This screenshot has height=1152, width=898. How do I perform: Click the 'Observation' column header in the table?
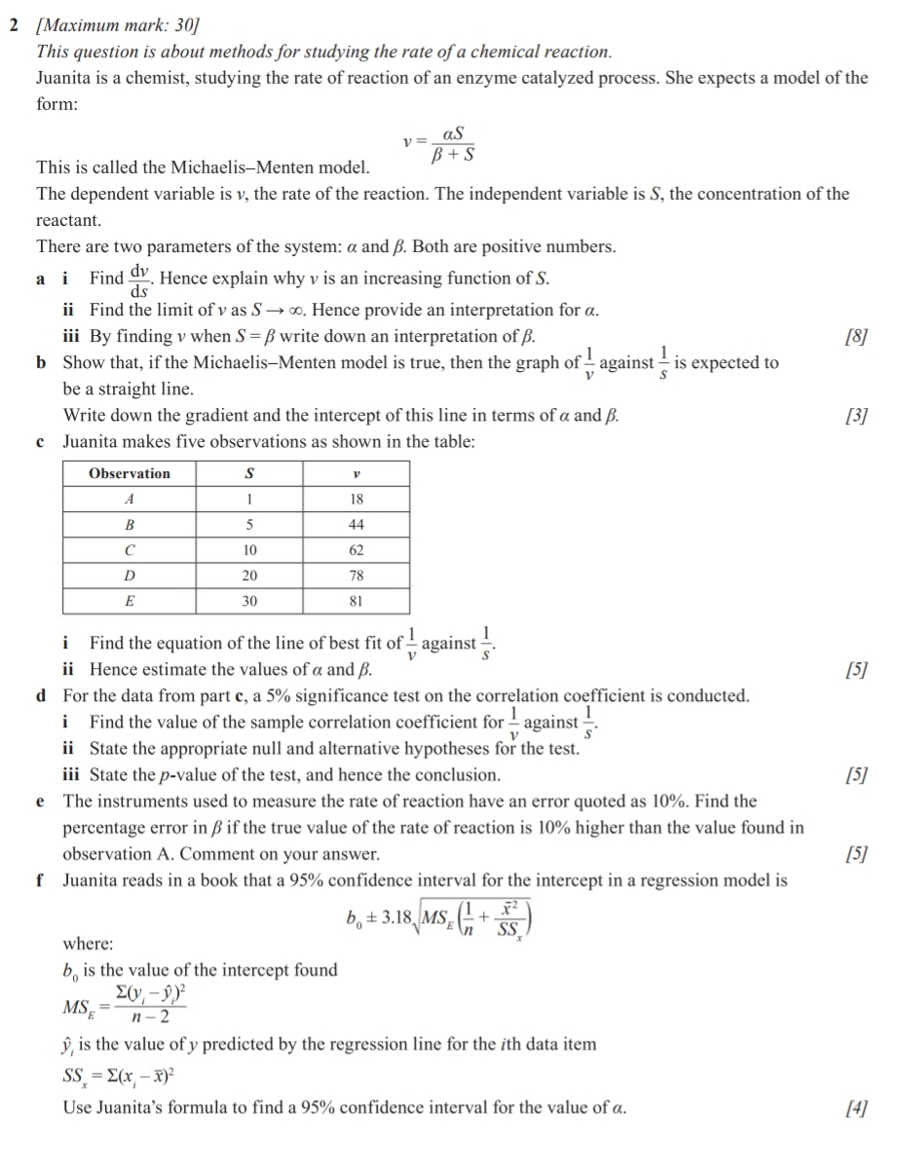pyautogui.click(x=130, y=473)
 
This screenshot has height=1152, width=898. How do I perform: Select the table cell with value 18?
pyautogui.click(x=356, y=499)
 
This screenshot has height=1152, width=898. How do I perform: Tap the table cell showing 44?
pyautogui.click(x=356, y=524)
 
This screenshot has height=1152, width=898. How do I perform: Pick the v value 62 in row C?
pyautogui.click(x=356, y=549)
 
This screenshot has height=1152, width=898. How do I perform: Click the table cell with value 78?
pyautogui.click(x=356, y=575)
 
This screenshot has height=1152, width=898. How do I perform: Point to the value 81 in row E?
pyautogui.click(x=356, y=601)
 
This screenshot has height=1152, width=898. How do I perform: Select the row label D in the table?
pyautogui.click(x=130, y=575)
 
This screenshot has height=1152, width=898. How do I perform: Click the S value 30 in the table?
pyautogui.click(x=249, y=601)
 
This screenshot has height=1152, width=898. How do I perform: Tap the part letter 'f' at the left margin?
pyautogui.click(x=40, y=880)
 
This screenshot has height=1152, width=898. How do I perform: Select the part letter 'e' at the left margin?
pyautogui.click(x=40, y=801)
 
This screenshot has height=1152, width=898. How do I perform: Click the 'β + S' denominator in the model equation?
pyautogui.click(x=451, y=154)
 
